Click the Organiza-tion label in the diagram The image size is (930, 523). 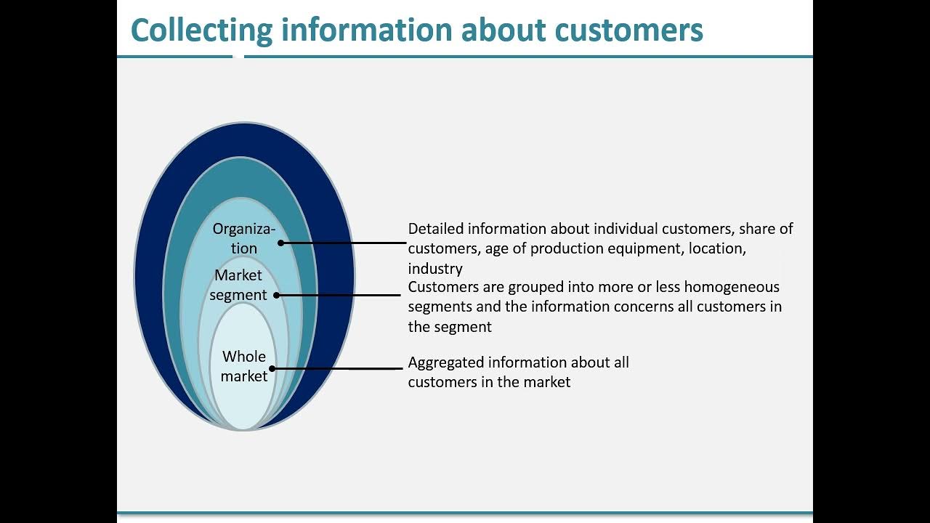point(244,238)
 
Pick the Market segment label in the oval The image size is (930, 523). point(238,285)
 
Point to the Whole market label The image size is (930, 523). point(244,366)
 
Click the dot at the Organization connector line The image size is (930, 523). point(281,243)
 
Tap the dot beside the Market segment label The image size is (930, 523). point(276,295)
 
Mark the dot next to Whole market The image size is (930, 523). point(272,368)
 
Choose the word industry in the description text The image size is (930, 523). point(435,269)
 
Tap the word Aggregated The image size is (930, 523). point(445,362)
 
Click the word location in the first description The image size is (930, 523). point(715,248)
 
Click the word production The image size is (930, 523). point(567,248)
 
